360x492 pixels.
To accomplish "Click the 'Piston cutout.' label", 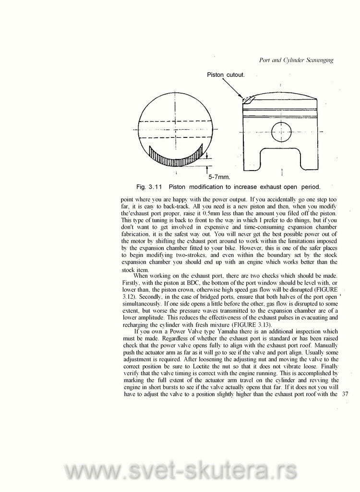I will [x=226, y=74].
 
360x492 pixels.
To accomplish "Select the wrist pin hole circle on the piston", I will [x=281, y=132].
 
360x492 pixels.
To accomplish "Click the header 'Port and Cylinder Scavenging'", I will [x=296, y=60].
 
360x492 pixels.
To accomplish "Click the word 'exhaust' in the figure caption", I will [x=259, y=186].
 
